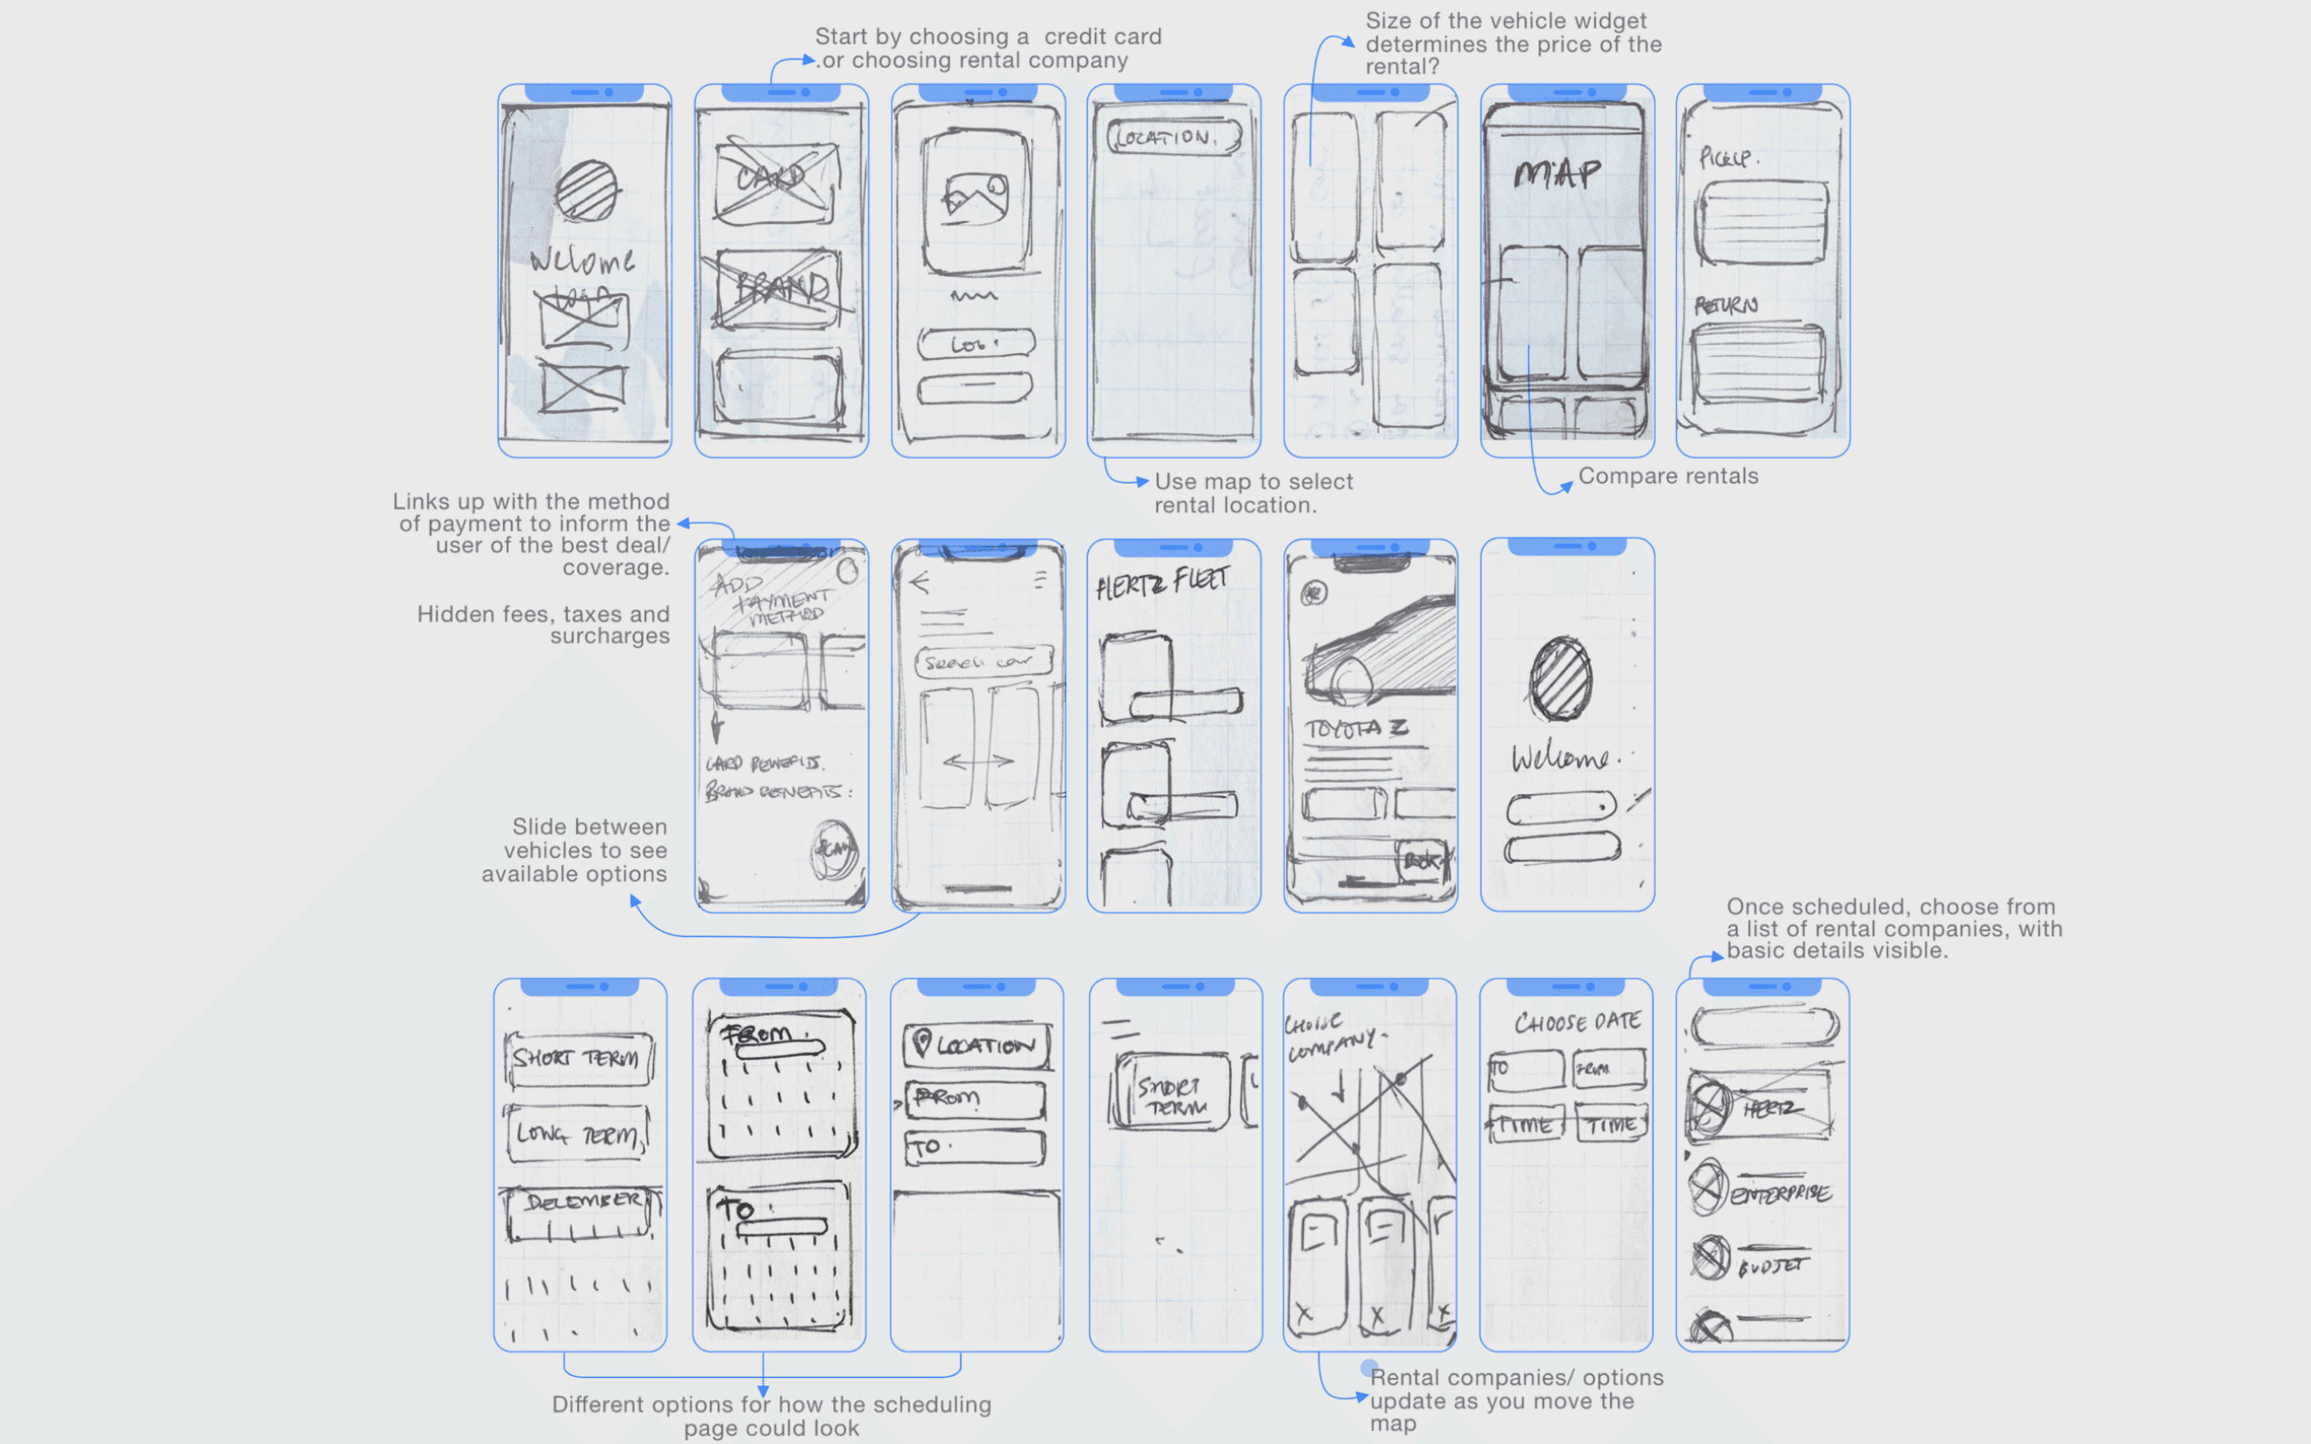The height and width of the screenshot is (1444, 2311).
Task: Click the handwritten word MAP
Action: tap(1557, 174)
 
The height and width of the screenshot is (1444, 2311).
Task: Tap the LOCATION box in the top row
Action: tap(1174, 137)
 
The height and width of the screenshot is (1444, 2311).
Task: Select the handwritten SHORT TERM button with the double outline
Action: tap(579, 1059)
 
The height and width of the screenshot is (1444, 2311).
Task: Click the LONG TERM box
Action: tap(578, 1134)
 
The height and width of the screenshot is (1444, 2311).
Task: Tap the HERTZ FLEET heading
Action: tap(1162, 582)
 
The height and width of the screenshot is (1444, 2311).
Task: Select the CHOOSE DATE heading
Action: tap(1577, 1022)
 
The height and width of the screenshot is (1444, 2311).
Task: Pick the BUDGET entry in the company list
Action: tap(1772, 1267)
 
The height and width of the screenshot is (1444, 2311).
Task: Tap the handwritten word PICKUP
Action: tap(1725, 157)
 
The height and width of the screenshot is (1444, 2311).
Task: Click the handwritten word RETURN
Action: tap(1725, 306)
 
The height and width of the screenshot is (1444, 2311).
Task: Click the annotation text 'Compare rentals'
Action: tap(1667, 476)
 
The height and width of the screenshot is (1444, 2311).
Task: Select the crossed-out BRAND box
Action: tap(780, 286)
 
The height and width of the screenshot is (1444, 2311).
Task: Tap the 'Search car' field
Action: tap(983, 661)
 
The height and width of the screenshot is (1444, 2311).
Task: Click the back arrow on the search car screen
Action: tap(920, 582)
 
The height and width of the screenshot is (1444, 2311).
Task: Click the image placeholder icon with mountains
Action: tap(974, 196)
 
